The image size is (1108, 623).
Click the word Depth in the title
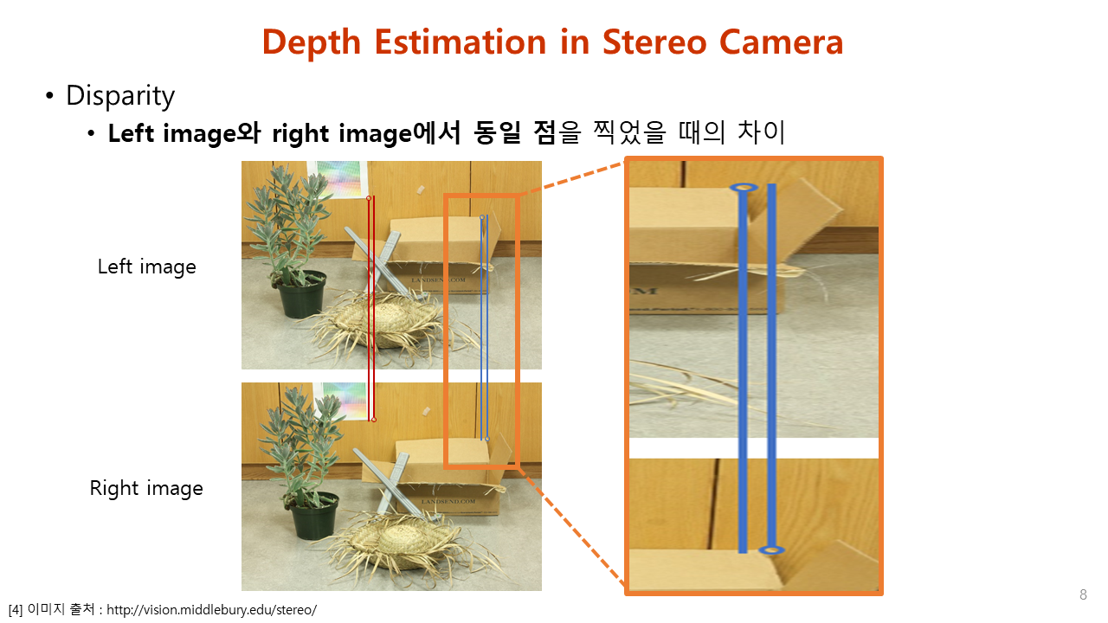312,43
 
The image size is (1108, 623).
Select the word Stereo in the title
654,42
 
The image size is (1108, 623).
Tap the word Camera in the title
781,42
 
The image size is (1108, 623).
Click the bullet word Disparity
120,95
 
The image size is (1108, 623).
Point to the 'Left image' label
146,267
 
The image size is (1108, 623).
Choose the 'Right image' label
146,488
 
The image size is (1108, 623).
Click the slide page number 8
1083,594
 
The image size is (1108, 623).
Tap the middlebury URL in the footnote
212,610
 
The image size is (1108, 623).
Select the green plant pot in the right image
314,516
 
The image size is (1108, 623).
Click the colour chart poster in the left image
338,179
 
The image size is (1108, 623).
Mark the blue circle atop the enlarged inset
744,188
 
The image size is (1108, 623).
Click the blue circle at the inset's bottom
771,549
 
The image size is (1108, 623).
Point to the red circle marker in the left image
369,198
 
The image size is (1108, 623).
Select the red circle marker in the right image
374,420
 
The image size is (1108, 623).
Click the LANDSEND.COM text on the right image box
449,501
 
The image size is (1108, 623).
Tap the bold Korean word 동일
497,133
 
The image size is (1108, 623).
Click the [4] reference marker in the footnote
16,610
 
